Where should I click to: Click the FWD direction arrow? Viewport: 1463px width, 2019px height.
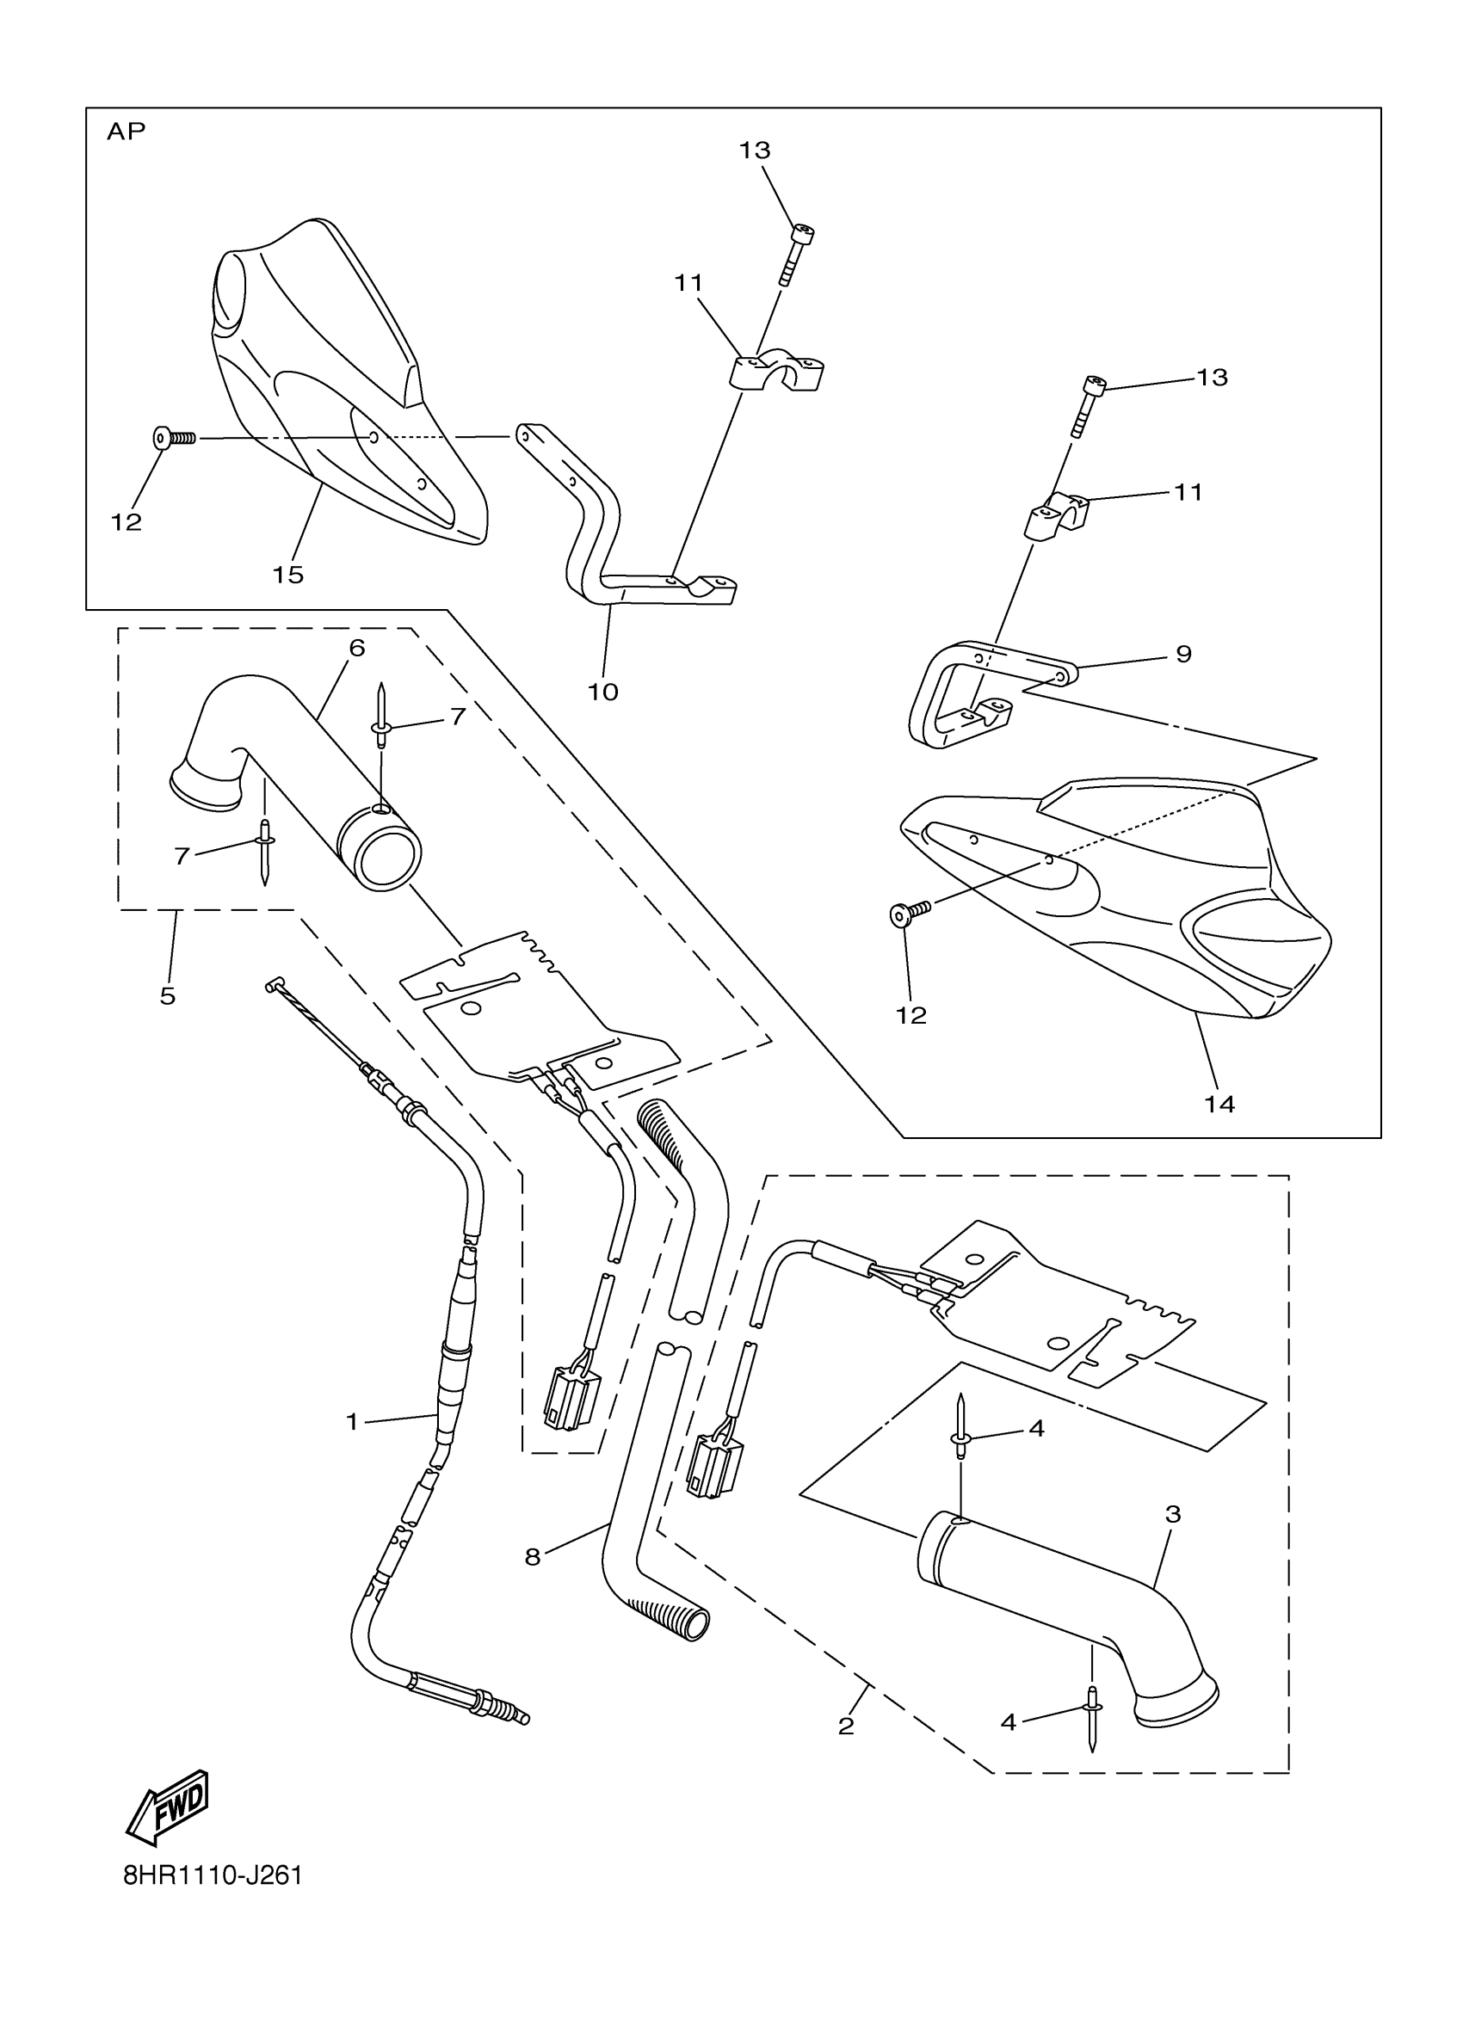(x=168, y=1807)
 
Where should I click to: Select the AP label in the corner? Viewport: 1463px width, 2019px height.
(x=126, y=132)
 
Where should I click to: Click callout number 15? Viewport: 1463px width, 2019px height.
(x=287, y=576)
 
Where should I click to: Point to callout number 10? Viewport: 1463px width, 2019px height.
(x=602, y=692)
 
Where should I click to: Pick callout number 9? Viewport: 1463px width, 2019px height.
(x=1183, y=655)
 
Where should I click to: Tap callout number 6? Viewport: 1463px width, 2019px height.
(x=357, y=648)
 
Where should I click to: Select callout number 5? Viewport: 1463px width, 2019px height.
(x=168, y=996)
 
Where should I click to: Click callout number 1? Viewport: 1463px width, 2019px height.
(x=352, y=1423)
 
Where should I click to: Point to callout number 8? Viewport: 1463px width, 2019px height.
(x=533, y=1557)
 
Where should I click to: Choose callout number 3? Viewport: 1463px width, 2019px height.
(x=1173, y=1513)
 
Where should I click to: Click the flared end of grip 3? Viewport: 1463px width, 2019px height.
(x=1178, y=1703)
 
